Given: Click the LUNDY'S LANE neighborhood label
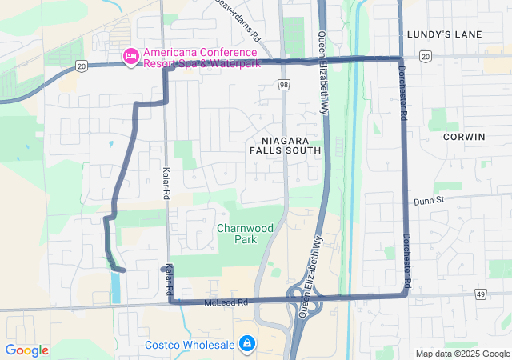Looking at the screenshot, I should click(x=444, y=34).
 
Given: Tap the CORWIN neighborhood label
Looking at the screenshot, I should click(x=463, y=137).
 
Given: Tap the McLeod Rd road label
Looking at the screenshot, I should click(x=227, y=302).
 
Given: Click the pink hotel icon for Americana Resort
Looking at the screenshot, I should click(x=130, y=56).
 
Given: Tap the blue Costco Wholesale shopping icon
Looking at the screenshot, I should click(x=247, y=344).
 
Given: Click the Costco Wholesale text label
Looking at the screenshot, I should click(x=190, y=346).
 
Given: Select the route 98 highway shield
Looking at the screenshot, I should click(x=284, y=84).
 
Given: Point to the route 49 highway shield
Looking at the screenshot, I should click(x=502, y=294).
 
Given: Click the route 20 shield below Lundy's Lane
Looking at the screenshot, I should click(x=425, y=56).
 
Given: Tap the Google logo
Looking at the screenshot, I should click(x=26, y=350).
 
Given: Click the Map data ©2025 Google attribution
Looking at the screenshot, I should click(x=462, y=354).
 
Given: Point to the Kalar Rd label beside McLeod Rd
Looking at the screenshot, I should click(x=169, y=282).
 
